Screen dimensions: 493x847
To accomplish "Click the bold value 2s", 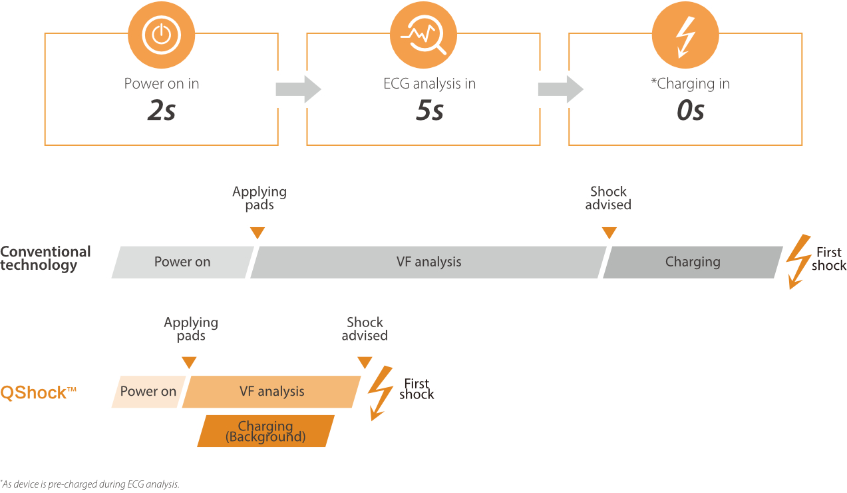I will pos(161,111).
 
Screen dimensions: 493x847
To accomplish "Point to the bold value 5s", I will pos(429,111).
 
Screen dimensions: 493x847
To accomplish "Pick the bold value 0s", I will pos(690,111).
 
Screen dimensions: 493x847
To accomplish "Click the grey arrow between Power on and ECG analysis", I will pos(298,89).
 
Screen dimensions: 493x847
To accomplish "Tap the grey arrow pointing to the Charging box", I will pos(560,89).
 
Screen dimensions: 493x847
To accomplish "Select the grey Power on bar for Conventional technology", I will pos(182,262).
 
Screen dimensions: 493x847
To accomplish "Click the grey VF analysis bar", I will pos(428,262).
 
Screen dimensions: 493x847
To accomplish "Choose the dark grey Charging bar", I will pos(693,262).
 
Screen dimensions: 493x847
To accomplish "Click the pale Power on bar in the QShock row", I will pos(148,391).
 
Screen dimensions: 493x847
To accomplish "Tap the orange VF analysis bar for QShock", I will pos(271,391).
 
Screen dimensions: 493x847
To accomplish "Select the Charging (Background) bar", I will pos(265,431).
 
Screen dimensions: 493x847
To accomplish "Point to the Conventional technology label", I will pos(45,258).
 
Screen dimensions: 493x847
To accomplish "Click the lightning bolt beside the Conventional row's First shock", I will pos(797,261).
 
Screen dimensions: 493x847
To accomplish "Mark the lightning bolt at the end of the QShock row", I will pos(380,393).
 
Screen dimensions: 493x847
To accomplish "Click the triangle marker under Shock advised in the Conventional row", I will pos(609,233).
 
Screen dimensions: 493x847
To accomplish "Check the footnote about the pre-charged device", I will pos(90,484).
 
